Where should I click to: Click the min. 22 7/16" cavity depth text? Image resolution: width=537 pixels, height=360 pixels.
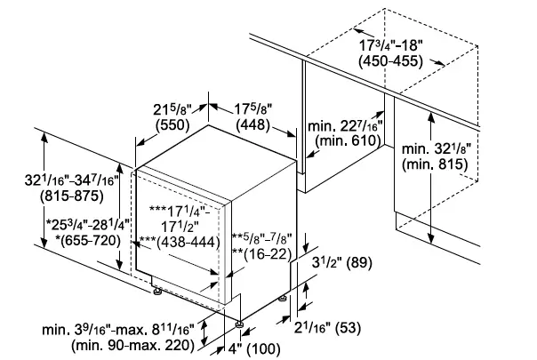click(x=343, y=128)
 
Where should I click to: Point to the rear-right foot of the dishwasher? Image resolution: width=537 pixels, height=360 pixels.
click(x=285, y=299)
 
